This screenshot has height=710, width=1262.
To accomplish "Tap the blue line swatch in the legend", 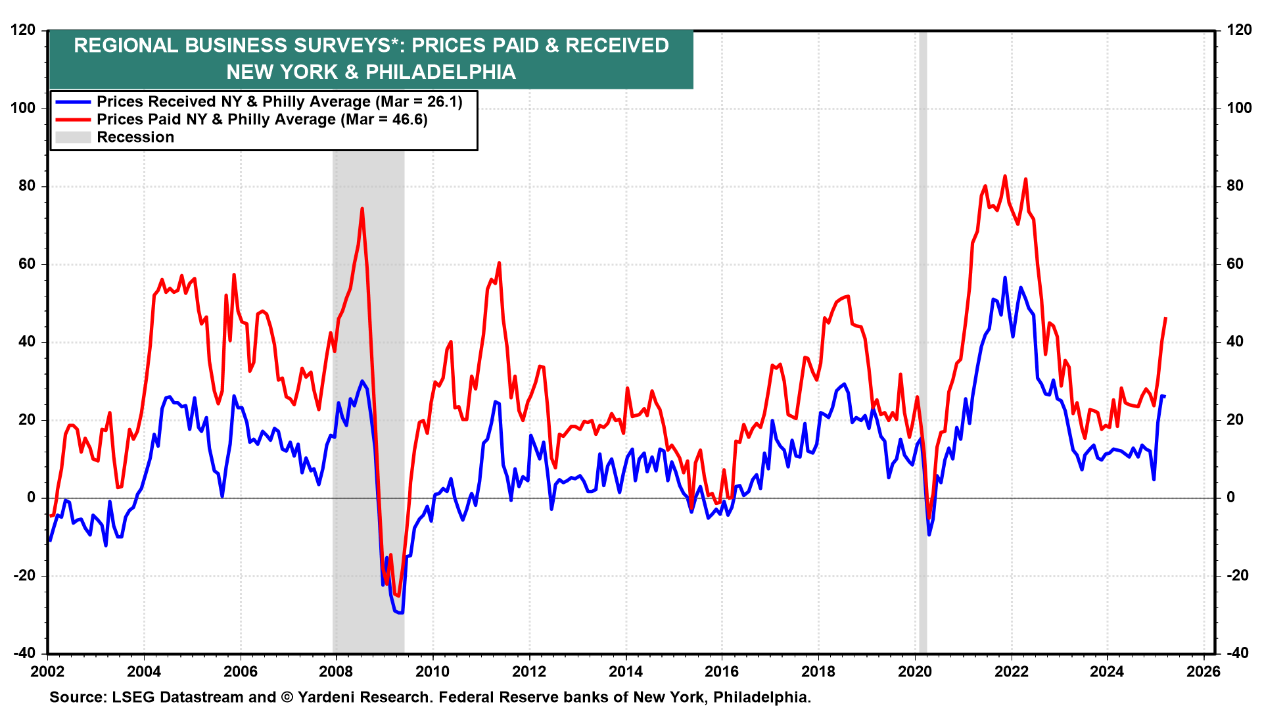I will click(73, 102).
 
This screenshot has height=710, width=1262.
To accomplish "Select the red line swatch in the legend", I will click(73, 120).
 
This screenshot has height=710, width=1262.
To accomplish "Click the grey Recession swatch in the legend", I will click(73, 137).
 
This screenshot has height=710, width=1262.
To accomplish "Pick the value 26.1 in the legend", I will click(443, 102).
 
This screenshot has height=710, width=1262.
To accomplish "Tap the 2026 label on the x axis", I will click(1204, 671).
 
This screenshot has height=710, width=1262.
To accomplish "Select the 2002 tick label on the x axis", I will click(47, 671).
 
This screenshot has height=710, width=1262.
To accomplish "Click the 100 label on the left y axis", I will click(23, 108).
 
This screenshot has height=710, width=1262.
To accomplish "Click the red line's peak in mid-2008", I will click(362, 209).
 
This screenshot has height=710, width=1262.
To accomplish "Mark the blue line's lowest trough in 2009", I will click(401, 613).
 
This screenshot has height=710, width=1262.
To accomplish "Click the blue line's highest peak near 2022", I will click(1004, 278).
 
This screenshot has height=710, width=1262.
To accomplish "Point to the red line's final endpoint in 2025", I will click(1165, 318).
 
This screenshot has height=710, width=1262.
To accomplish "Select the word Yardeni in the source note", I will click(327, 697).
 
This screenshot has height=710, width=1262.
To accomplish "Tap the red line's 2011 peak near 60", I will click(500, 264).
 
